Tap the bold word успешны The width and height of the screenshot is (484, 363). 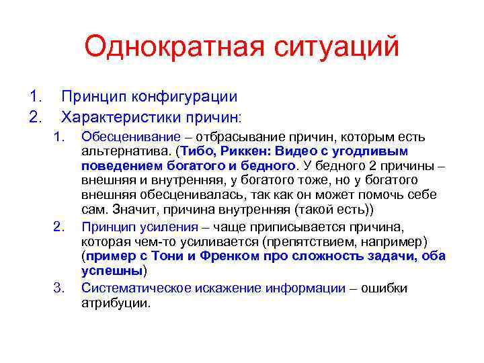click(112, 271)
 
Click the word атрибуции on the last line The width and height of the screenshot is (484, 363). click(115, 302)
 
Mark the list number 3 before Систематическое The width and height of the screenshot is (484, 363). click(58, 288)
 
